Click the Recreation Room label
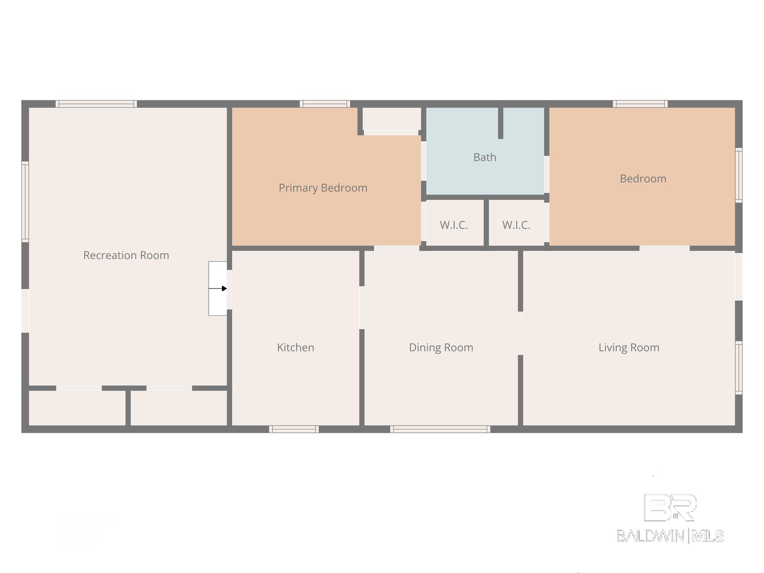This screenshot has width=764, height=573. click(126, 255)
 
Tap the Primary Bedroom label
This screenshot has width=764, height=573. click(323, 188)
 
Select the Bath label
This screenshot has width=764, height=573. click(485, 157)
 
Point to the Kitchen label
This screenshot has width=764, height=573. click(295, 347)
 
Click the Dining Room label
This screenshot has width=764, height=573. click(441, 347)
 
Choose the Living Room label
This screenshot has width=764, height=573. click(629, 347)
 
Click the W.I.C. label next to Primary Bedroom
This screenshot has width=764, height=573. click(454, 225)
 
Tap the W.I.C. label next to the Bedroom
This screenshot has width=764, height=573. click(516, 225)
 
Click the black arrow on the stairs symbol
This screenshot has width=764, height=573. click(218, 288)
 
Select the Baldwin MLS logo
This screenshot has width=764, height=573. click(670, 518)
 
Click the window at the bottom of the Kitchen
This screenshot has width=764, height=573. click(294, 429)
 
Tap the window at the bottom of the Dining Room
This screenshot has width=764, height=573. click(440, 429)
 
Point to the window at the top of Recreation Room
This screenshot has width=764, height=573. click(96, 104)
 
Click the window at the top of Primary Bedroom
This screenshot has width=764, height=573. click(325, 104)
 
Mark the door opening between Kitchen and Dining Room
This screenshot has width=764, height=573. click(362, 307)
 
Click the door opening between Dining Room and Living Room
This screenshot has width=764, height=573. click(520, 333)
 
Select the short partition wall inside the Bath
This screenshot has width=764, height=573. click(501, 123)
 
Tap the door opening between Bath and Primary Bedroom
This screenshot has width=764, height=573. click(423, 161)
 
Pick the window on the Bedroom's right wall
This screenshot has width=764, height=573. click(739, 175)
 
